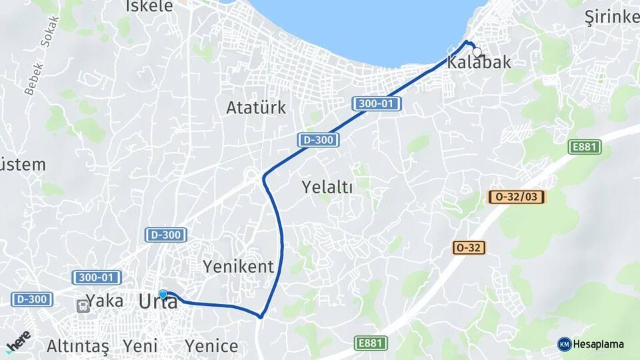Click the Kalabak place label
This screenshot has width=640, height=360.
point(479,63)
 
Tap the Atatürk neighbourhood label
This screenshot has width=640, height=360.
point(256,107)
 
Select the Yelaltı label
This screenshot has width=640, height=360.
point(327,187)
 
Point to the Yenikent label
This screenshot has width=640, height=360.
point(238,267)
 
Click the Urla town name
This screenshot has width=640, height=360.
point(158,302)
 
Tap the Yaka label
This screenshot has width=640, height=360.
point(105,301)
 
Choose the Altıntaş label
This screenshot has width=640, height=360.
point(77,347)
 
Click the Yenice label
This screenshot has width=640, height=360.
point(211,347)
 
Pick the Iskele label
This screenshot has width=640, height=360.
point(149,6)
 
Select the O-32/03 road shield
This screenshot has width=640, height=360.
point(517,197)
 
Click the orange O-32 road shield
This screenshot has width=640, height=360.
point(469,247)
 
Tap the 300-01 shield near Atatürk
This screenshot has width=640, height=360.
point(376,103)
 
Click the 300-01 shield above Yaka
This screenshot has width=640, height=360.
point(96,277)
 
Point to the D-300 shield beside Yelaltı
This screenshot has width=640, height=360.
point(319,140)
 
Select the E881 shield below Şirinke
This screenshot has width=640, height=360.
point(585,147)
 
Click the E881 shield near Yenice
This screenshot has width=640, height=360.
point(371,343)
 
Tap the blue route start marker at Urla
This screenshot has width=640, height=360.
point(163,293)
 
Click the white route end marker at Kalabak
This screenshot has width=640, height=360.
point(477,51)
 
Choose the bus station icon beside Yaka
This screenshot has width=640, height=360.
point(83,305)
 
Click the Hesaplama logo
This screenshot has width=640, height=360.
point(591,344)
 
